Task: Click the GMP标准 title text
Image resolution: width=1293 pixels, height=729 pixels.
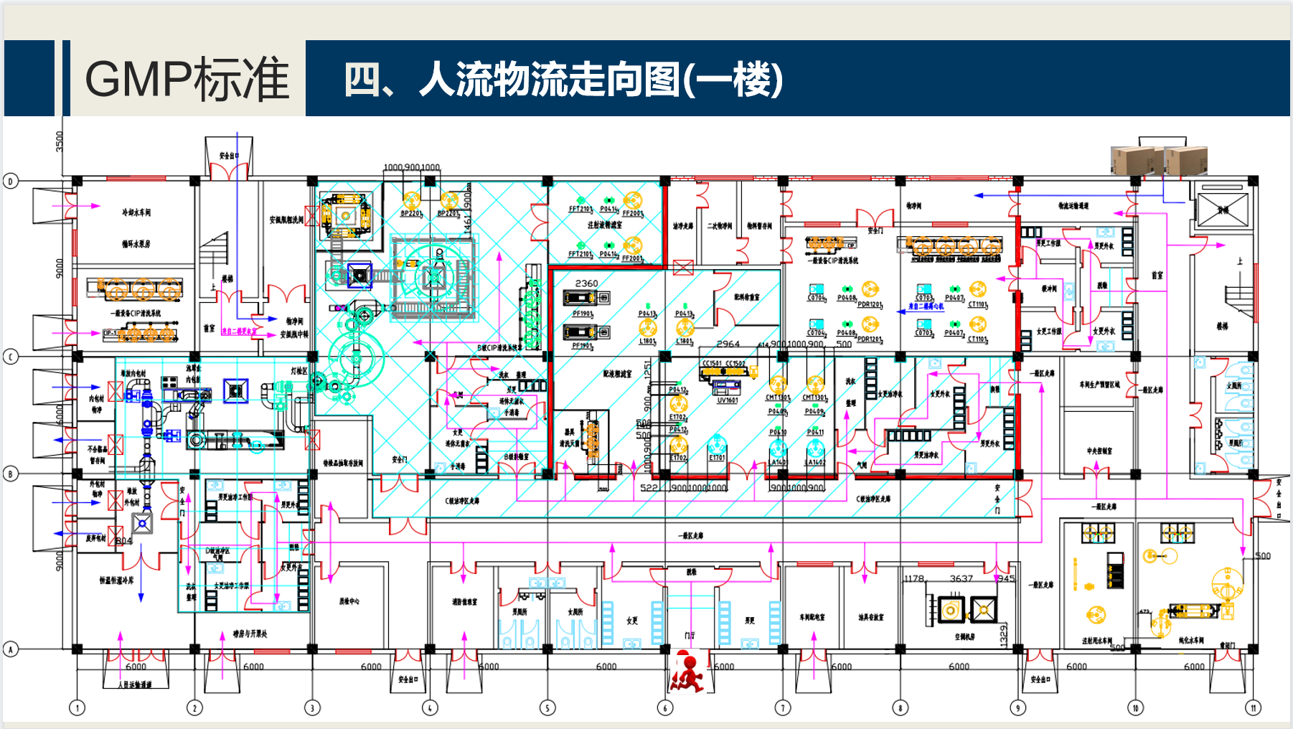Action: [x=187, y=79]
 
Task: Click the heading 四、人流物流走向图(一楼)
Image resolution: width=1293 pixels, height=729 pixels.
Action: [x=563, y=79]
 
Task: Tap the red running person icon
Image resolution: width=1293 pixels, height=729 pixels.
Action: [x=688, y=672]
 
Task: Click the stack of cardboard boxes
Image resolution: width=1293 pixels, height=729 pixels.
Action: [x=1158, y=160]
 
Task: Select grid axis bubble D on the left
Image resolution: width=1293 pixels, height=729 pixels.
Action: [x=11, y=181]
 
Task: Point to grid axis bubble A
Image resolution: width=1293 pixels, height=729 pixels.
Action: [x=11, y=649]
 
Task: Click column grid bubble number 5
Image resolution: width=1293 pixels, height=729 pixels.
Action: [x=547, y=707]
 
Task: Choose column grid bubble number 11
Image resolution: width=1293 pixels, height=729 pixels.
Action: [x=1253, y=707]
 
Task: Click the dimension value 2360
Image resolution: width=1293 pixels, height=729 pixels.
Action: [x=586, y=283]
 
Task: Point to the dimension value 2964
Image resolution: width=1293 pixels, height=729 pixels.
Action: [x=728, y=344]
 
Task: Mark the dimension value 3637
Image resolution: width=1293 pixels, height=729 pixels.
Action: [x=961, y=578]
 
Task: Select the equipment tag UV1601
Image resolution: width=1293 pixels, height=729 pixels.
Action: [x=728, y=400]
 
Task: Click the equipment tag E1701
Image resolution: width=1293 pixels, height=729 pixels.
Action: [x=717, y=458]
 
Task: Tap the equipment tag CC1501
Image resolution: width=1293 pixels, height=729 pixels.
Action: [x=712, y=364]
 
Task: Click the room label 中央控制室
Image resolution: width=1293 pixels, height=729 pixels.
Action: [x=1099, y=451]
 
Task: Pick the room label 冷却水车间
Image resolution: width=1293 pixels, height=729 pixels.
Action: [x=136, y=212]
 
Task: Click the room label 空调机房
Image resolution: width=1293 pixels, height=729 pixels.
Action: [x=965, y=636]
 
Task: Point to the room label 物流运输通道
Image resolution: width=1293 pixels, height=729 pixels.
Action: [x=1073, y=206]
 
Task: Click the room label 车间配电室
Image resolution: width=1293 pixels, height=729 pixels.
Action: [x=812, y=617]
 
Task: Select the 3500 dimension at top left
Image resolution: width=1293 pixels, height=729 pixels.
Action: [x=60, y=141]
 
